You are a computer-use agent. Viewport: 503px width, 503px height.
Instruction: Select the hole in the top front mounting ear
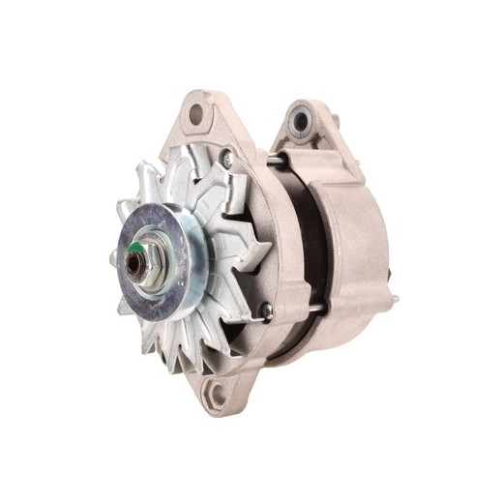tap(197, 114)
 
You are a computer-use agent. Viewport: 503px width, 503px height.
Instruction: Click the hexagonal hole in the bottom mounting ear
tap(218, 392)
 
